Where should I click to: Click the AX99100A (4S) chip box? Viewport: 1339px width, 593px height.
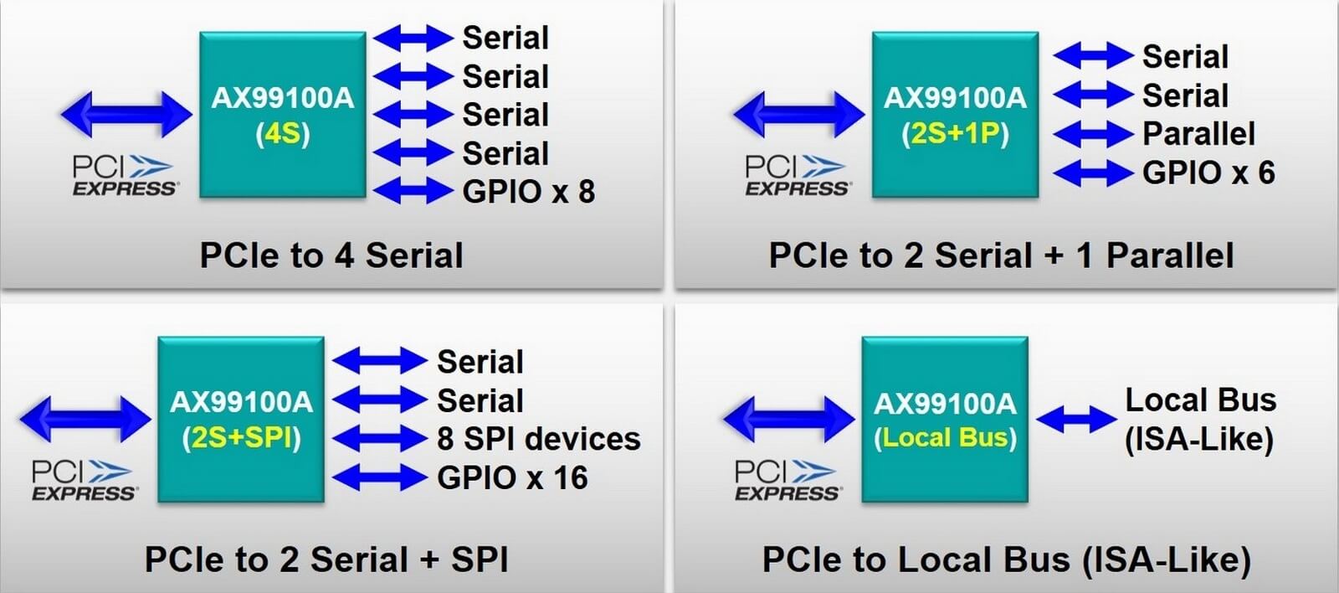pyautogui.click(x=283, y=114)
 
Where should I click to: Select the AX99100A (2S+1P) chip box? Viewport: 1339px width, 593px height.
pyautogui.click(x=955, y=114)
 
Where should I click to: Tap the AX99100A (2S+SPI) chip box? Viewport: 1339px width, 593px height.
pyautogui.click(x=241, y=419)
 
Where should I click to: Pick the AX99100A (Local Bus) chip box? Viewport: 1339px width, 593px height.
pyautogui.click(x=945, y=419)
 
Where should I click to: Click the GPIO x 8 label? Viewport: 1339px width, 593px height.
pyautogui.click(x=528, y=192)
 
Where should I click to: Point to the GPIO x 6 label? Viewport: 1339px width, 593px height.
pyautogui.click(x=1208, y=173)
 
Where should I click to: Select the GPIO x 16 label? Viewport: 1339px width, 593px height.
pyautogui.click(x=512, y=477)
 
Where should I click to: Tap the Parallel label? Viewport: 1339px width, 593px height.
pyautogui.click(x=1198, y=133)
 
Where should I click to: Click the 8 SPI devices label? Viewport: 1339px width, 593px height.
pyautogui.click(x=539, y=439)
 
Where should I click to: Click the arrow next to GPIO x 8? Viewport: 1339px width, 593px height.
pyautogui.click(x=413, y=192)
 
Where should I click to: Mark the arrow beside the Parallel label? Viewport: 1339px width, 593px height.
pyautogui.click(x=1093, y=134)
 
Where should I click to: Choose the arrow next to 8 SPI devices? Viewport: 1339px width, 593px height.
pyautogui.click(x=380, y=439)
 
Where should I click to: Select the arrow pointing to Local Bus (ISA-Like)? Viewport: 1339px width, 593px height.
pyautogui.click(x=1076, y=419)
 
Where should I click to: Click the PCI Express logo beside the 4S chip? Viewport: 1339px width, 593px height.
pyautogui.click(x=125, y=175)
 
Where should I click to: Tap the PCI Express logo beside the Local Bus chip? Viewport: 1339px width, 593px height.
pyautogui.click(x=787, y=480)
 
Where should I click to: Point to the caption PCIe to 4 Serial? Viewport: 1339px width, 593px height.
pyautogui.click(x=331, y=255)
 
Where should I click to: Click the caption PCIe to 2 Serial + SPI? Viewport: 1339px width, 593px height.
pyautogui.click(x=326, y=559)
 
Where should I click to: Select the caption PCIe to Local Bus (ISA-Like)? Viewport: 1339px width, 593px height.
pyautogui.click(x=1007, y=560)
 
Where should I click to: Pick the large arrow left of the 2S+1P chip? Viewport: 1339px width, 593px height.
pyautogui.click(x=798, y=114)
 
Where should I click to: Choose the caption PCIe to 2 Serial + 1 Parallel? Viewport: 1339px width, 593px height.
pyautogui.click(x=1001, y=255)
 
